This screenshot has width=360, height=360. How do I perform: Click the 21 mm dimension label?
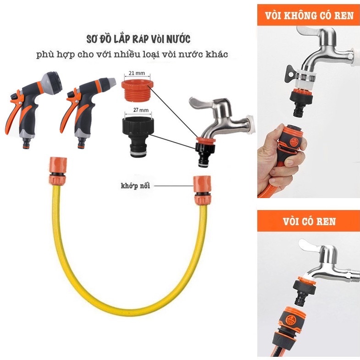point(137,73)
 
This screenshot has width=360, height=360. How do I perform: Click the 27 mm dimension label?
point(141,110)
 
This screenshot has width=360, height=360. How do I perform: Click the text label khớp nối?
point(135,186)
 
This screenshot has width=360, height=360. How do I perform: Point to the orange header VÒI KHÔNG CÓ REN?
point(309,15)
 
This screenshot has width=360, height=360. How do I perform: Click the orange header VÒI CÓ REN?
point(309,221)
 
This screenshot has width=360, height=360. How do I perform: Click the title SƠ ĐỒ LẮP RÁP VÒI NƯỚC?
point(138,39)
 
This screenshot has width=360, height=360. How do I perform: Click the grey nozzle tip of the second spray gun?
point(111,82)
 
